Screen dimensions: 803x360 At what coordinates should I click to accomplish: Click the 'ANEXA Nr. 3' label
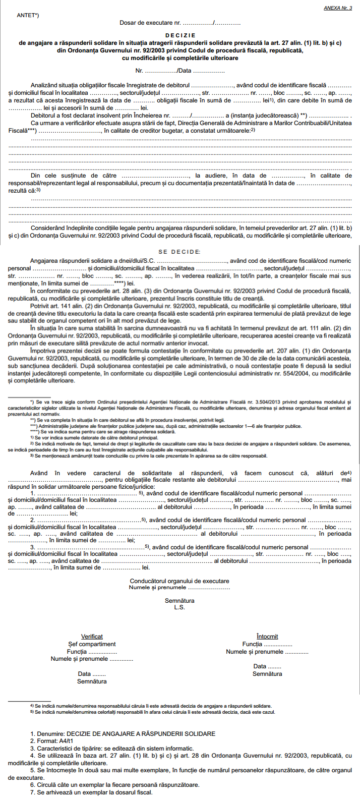point(338,9)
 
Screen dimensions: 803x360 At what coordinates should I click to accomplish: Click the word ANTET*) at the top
point(28,15)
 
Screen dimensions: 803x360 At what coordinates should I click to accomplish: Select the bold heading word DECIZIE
point(180,35)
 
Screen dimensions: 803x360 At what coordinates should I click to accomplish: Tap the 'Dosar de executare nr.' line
point(180,23)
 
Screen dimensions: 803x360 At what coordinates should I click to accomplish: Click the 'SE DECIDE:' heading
point(180,252)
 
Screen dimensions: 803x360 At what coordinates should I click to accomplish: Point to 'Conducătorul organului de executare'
point(179,581)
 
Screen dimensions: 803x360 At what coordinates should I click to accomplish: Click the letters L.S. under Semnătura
point(179,607)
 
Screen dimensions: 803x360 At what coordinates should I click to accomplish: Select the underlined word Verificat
point(92,637)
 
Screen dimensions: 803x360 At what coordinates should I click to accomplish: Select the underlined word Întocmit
point(267,637)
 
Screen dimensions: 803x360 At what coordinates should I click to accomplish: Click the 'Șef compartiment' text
point(92,644)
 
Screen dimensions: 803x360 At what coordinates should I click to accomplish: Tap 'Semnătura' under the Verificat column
point(92,681)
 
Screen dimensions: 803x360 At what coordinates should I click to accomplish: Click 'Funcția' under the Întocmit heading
point(267,644)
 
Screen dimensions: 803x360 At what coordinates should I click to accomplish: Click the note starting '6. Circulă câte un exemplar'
point(114,785)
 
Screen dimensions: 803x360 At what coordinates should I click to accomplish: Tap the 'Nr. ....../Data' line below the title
point(180,71)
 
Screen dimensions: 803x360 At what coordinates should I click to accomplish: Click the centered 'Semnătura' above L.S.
point(179,601)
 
